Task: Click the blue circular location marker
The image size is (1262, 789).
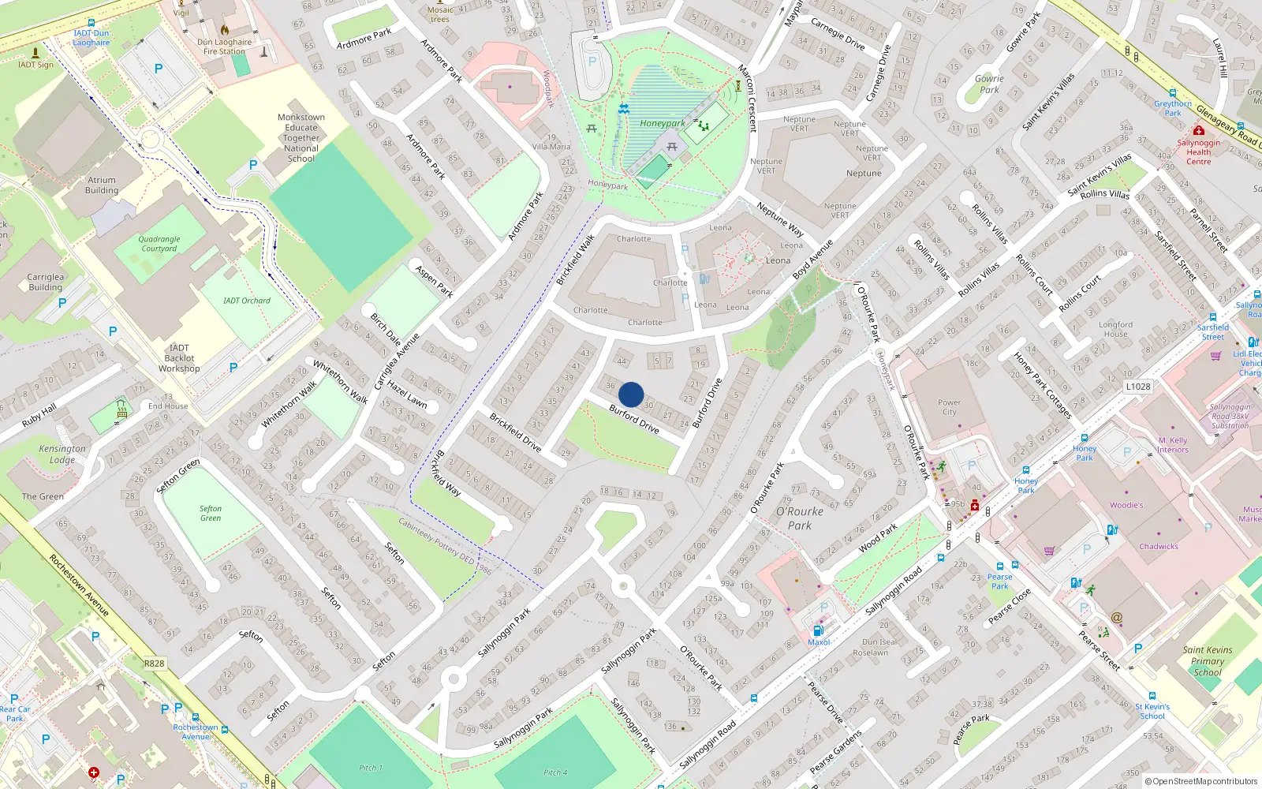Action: click(631, 394)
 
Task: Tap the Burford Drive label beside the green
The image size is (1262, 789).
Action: click(633, 419)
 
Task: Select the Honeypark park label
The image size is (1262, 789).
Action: click(662, 123)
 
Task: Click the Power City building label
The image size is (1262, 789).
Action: click(949, 407)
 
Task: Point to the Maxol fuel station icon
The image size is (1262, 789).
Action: click(818, 630)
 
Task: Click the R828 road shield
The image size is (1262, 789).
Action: click(154, 664)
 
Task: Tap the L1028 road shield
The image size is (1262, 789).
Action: click(1138, 387)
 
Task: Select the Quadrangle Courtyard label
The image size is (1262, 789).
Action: click(159, 244)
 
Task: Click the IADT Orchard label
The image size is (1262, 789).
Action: click(246, 301)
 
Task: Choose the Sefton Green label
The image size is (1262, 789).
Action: click(211, 514)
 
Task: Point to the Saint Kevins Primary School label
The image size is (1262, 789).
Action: click(1207, 661)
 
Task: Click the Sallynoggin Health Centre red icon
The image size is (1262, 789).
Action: click(1199, 131)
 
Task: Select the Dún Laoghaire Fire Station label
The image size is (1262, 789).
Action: click(225, 47)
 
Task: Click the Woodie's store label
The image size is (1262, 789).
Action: click(1126, 505)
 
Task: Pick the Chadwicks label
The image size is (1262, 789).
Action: click(1158, 546)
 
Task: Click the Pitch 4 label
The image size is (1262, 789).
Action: click(555, 772)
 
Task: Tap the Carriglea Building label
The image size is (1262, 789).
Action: click(45, 282)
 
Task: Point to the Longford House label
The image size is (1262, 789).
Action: click(1115, 329)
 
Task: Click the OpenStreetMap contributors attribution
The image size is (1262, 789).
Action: click(1201, 781)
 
